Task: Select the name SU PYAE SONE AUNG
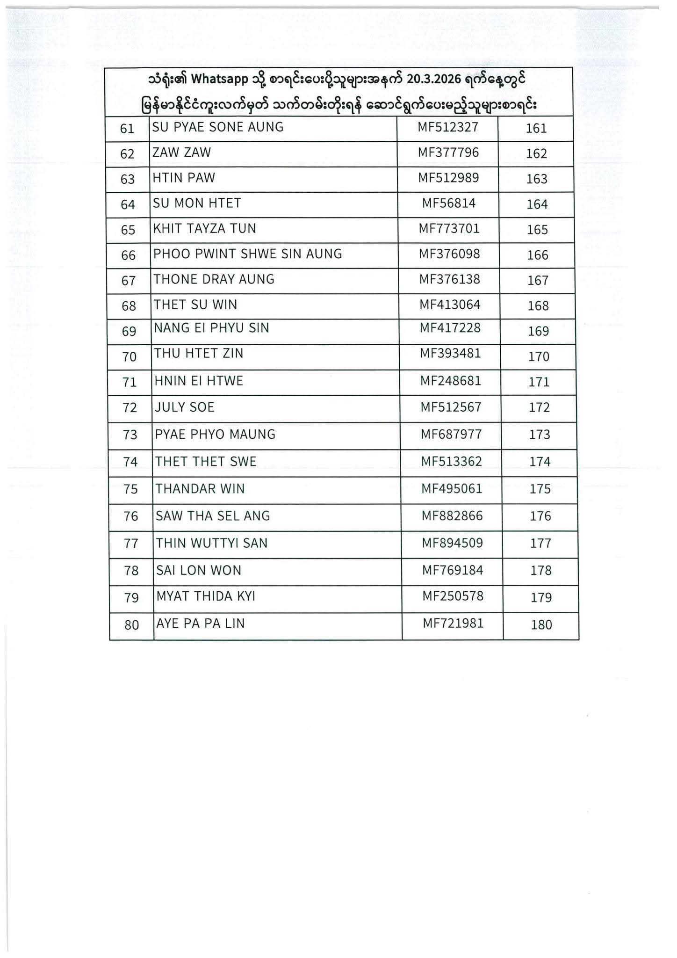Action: coord(218,127)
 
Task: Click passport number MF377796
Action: coord(448,152)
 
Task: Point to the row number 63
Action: coord(128,180)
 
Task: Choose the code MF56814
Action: coord(449,203)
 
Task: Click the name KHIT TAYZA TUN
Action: coord(205,229)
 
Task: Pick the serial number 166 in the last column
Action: coord(537,255)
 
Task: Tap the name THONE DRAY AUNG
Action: coord(214,279)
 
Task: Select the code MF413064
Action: coord(450,305)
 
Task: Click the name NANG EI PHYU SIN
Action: coord(212,328)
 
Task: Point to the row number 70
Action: coord(130,357)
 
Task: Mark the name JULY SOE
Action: coord(185,407)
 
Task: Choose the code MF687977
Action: coord(451,435)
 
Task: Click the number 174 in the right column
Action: coord(540,462)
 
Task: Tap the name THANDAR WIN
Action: coord(200,489)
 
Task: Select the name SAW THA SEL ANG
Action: coord(213,516)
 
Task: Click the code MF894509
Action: coord(453,543)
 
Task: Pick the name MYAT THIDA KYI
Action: coord(206,596)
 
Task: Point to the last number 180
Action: coord(541,625)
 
